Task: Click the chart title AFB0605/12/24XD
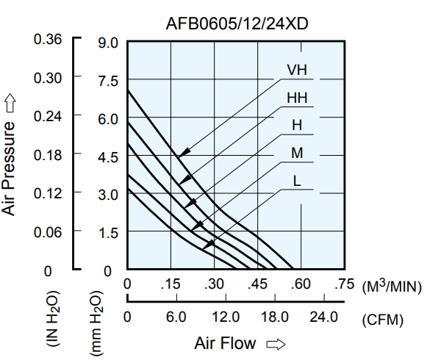(x=237, y=24)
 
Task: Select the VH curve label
(x=297, y=70)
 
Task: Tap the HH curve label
(x=297, y=98)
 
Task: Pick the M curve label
(x=297, y=153)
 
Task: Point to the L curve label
(x=297, y=181)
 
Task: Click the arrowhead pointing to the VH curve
(x=184, y=153)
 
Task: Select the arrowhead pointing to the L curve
(x=208, y=245)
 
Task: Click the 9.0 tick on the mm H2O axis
(x=108, y=43)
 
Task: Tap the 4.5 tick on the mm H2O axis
(x=108, y=158)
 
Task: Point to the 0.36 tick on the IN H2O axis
(x=48, y=39)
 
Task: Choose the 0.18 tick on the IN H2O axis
(x=48, y=155)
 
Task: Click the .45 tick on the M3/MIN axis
(x=257, y=284)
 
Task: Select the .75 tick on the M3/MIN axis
(x=344, y=284)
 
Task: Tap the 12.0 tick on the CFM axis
(x=226, y=317)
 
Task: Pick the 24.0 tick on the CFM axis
(x=323, y=317)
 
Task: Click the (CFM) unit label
(x=383, y=320)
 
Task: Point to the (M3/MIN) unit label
(x=392, y=287)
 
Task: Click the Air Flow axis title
(x=225, y=343)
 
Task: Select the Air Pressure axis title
(x=8, y=168)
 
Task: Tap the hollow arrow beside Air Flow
(x=276, y=345)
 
